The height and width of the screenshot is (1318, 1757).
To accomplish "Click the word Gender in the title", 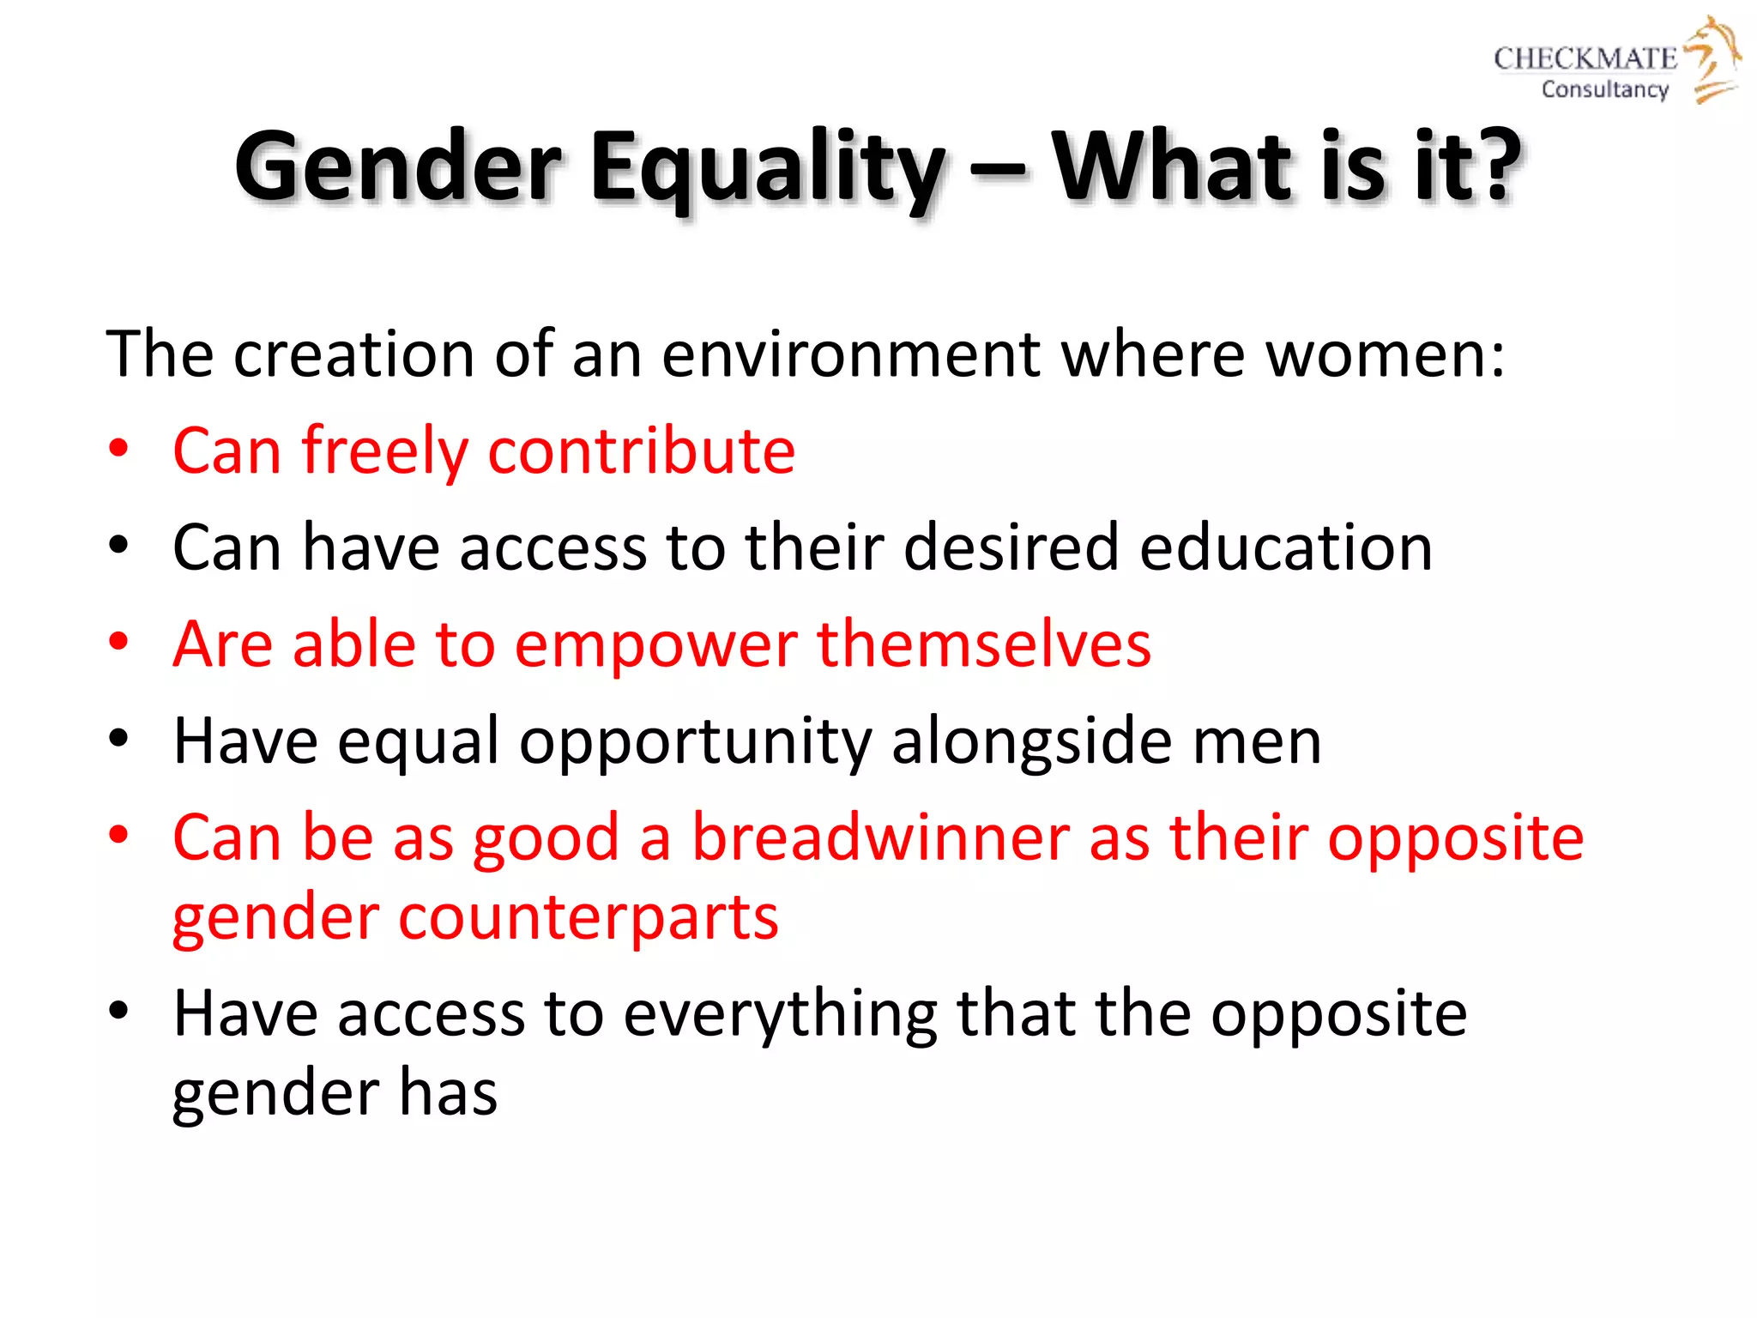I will coord(399,167).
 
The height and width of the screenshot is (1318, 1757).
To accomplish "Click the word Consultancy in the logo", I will coord(1604,89).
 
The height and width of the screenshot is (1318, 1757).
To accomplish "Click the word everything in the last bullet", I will coord(780,1014).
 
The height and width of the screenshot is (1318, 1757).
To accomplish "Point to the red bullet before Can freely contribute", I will coord(118,448).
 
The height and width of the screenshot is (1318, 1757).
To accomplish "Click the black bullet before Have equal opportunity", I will coord(118,738).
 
